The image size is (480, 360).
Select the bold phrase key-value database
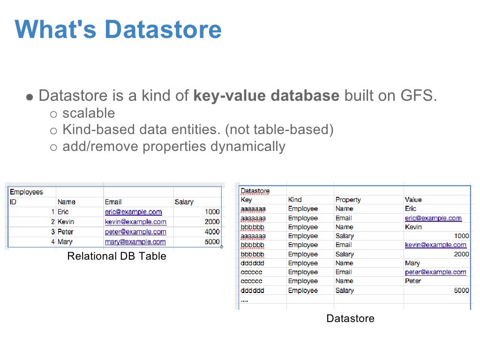point(266,96)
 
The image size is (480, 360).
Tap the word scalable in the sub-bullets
point(89,113)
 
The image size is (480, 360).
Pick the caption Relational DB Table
point(117,256)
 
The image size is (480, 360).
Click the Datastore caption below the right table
point(350,318)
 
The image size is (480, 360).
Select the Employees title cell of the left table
point(26,192)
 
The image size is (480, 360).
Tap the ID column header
point(13,202)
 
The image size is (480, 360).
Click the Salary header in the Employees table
point(184,202)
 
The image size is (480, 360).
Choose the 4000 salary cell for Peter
point(212,232)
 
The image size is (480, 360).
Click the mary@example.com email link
point(135,242)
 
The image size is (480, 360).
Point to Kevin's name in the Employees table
point(66,221)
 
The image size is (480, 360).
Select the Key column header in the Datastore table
point(246,200)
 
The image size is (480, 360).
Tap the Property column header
point(348,200)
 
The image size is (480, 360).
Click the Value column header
point(413,200)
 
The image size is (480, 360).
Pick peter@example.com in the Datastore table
point(435,272)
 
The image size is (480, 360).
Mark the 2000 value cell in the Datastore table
point(461,254)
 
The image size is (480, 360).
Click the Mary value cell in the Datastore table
point(412,263)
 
